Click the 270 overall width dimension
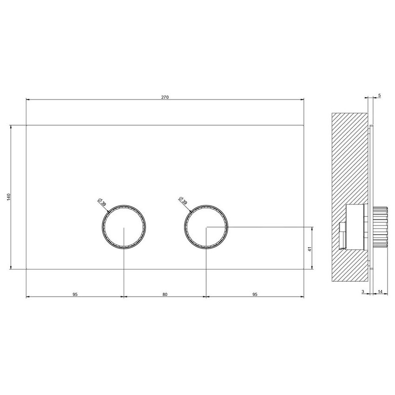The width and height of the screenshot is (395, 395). (x=165, y=97)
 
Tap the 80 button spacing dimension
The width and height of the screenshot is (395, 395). (x=165, y=294)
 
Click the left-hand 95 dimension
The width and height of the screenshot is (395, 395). (x=75, y=294)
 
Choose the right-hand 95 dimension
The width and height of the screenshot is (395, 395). (x=255, y=294)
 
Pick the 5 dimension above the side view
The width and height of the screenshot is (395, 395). (x=379, y=95)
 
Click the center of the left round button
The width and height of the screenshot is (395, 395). (x=124, y=227)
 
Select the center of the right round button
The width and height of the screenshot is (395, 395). (x=206, y=227)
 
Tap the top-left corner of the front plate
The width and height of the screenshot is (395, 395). (x=26, y=125)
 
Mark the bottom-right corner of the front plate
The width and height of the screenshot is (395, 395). (x=304, y=269)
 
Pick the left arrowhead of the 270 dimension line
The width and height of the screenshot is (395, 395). (x=28, y=99)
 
